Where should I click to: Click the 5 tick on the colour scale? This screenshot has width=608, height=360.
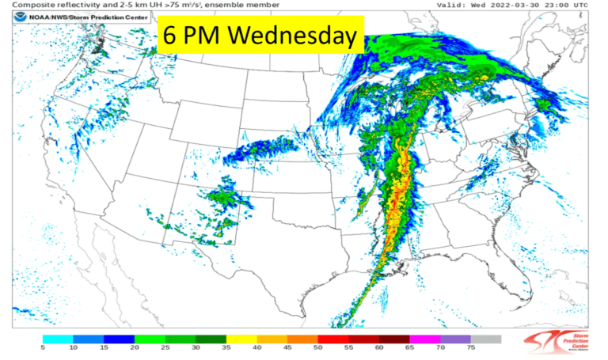42,347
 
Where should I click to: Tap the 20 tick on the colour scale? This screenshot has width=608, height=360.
134,347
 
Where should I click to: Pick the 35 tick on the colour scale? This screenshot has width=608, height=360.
226,347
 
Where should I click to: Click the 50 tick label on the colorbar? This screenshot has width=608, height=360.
317,347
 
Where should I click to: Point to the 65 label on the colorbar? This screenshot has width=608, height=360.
409,347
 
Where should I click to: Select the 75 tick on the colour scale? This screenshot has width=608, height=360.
470,347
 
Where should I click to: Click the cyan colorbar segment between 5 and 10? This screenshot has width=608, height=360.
57,338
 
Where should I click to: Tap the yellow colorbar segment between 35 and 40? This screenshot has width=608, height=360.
241,338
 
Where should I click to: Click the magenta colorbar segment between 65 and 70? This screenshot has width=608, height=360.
424,338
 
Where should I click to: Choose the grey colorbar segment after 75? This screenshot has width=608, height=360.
485,338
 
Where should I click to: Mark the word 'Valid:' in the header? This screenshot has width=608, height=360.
453,6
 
